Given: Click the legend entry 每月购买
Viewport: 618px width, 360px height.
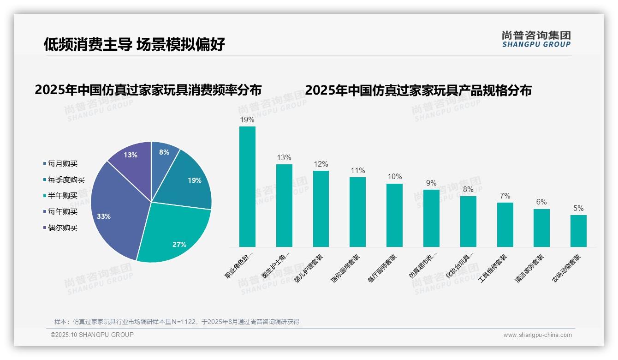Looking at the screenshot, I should (x=62, y=164).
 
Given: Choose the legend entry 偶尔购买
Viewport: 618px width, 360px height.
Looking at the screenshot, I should (x=62, y=228).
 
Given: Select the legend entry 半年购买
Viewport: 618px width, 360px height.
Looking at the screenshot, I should (x=62, y=196).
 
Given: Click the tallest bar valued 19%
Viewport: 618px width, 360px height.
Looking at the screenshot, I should (x=247, y=187).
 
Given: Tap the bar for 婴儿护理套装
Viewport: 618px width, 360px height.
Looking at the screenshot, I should (x=321, y=209).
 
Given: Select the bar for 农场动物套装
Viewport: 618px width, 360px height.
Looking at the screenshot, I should (x=578, y=231).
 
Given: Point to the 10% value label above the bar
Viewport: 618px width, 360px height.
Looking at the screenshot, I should (x=394, y=177).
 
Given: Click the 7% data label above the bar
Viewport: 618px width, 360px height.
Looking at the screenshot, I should (x=505, y=196).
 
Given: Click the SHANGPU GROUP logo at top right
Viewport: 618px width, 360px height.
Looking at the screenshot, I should (x=536, y=39).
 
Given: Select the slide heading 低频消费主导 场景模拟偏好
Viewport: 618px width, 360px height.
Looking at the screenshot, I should (x=134, y=44).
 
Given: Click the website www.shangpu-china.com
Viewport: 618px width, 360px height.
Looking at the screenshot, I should (x=537, y=335).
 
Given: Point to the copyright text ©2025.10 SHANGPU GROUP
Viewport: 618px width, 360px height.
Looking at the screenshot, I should (x=92, y=335).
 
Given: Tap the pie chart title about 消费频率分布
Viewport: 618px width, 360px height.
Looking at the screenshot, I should (x=148, y=90).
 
